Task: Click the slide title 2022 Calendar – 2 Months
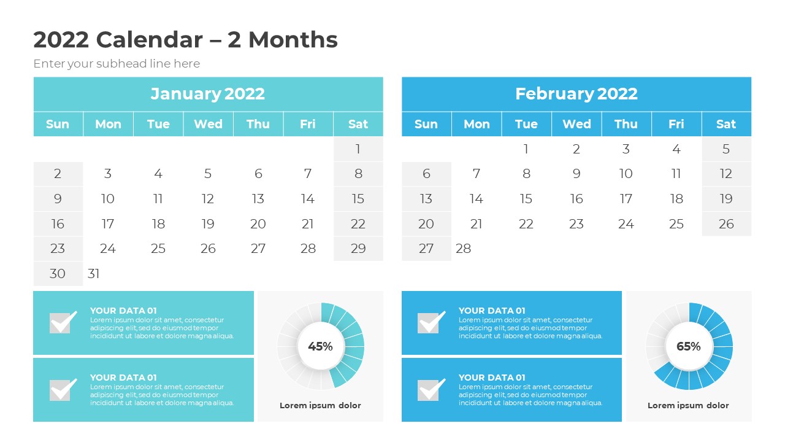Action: pyautogui.click(x=185, y=40)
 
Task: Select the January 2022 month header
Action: pyautogui.click(x=208, y=94)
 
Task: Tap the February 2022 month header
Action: pyautogui.click(x=576, y=94)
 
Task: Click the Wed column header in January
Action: pyautogui.click(x=208, y=124)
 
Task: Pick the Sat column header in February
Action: pyautogui.click(x=726, y=124)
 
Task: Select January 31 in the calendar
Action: pyautogui.click(x=94, y=274)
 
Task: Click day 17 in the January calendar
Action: pyautogui.click(x=108, y=224)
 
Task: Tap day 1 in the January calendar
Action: pyautogui.click(x=358, y=149)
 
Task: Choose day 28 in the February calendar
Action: pyautogui.click(x=464, y=249)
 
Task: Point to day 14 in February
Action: pyautogui.click(x=477, y=199)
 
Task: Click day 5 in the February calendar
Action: pyautogui.click(x=726, y=149)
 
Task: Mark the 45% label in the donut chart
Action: pyautogui.click(x=320, y=346)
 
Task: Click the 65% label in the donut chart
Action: pyautogui.click(x=688, y=346)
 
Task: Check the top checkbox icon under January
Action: pyautogui.click(x=63, y=322)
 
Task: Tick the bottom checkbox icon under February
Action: pyautogui.click(x=431, y=390)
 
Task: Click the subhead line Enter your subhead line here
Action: pyautogui.click(x=117, y=64)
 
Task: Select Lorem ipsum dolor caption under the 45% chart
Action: pyautogui.click(x=320, y=406)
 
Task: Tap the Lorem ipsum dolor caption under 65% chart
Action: pyautogui.click(x=688, y=406)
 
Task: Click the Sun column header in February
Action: pyautogui.click(x=426, y=124)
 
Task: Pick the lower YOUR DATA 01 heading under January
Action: pyautogui.click(x=123, y=378)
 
